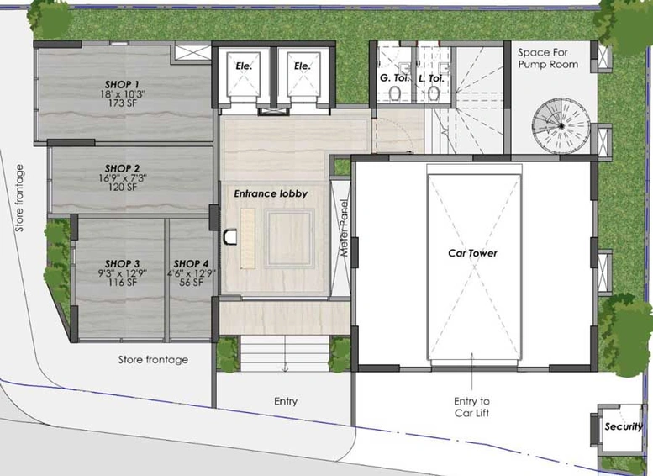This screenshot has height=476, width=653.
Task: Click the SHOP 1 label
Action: point(122,85)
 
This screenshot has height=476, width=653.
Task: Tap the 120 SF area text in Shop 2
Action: point(123,188)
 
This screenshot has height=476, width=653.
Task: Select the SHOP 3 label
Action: point(122,264)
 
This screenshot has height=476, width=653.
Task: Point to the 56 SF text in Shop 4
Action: point(191,283)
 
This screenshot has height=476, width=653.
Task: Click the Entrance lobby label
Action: point(271,193)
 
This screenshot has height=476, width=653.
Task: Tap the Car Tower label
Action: point(472,253)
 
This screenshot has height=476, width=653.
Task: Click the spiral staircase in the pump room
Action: point(561,125)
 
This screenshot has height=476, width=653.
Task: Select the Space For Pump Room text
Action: point(548,58)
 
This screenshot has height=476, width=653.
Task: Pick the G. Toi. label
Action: point(394,78)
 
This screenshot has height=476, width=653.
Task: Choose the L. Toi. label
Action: point(431,78)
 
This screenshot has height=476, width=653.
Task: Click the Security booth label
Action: point(624,426)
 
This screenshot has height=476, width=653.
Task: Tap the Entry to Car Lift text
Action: point(471,407)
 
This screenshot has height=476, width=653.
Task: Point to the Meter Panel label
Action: point(344,228)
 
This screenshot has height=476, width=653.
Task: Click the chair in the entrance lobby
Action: point(230,237)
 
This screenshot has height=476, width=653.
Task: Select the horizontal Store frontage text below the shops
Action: point(153,360)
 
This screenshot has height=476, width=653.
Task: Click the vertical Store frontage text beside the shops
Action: point(19,198)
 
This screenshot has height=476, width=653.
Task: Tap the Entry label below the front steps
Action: point(286,401)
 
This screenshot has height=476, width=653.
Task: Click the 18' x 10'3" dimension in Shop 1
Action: point(122,94)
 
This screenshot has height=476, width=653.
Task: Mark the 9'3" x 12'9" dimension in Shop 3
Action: point(122,273)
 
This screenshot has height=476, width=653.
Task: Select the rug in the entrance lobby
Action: point(290,238)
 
